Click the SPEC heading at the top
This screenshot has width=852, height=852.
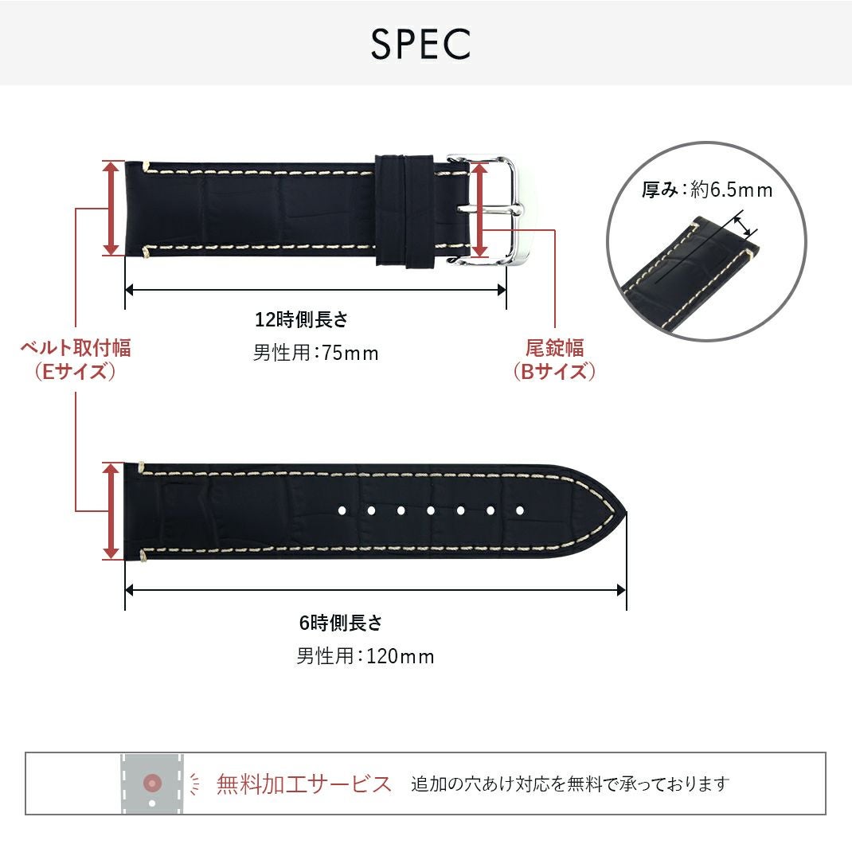point(420,45)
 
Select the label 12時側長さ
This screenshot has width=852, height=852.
point(301,320)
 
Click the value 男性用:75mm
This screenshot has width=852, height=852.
point(315,353)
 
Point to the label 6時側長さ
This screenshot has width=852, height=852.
point(341,623)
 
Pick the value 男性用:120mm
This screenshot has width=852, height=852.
point(365,657)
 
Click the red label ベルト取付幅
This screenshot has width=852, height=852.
point(76,348)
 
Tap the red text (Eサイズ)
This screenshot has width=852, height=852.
point(76,372)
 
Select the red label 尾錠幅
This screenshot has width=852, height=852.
point(554,348)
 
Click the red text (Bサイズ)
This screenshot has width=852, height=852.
point(554,372)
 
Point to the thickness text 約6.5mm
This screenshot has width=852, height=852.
point(731,190)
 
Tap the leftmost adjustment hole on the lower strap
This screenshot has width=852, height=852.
point(341,510)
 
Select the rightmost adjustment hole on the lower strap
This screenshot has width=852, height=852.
point(520,510)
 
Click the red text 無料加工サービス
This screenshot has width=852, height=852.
point(304,784)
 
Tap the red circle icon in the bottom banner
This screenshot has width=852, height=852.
point(152,784)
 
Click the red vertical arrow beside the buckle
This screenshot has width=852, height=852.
point(479,210)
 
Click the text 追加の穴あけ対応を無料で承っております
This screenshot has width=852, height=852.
point(570,784)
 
